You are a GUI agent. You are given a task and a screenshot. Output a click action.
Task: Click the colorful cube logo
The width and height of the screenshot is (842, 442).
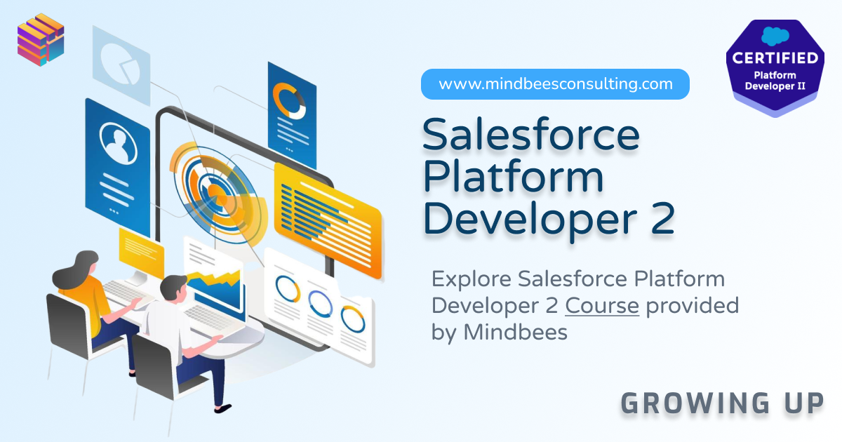click(41, 39)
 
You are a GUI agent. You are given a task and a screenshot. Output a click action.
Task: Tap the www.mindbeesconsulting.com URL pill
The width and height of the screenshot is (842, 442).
click(555, 83)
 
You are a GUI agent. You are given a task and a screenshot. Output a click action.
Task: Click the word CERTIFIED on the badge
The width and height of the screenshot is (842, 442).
click(775, 58)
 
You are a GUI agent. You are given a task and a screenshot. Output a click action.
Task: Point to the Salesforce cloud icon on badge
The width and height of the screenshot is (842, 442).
click(775, 36)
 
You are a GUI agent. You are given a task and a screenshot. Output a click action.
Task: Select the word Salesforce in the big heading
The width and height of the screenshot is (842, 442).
click(530, 135)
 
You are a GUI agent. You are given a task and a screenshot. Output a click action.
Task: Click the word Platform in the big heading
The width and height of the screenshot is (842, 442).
click(513, 177)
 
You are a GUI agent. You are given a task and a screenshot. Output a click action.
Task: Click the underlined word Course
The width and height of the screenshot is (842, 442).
click(602, 306)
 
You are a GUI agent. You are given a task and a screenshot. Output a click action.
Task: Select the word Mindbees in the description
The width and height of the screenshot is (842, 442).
click(515, 333)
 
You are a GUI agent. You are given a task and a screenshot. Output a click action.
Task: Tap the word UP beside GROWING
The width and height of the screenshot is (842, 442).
click(804, 403)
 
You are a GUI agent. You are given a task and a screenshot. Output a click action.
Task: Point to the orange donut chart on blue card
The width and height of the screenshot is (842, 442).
click(288, 101)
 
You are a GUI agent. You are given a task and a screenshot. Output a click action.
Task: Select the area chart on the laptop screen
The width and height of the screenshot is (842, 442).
click(214, 291)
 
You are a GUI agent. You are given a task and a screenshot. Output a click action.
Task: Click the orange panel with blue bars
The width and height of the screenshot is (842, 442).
click(328, 220)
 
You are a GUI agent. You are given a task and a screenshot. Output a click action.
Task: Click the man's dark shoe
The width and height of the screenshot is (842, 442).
click(222, 408)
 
